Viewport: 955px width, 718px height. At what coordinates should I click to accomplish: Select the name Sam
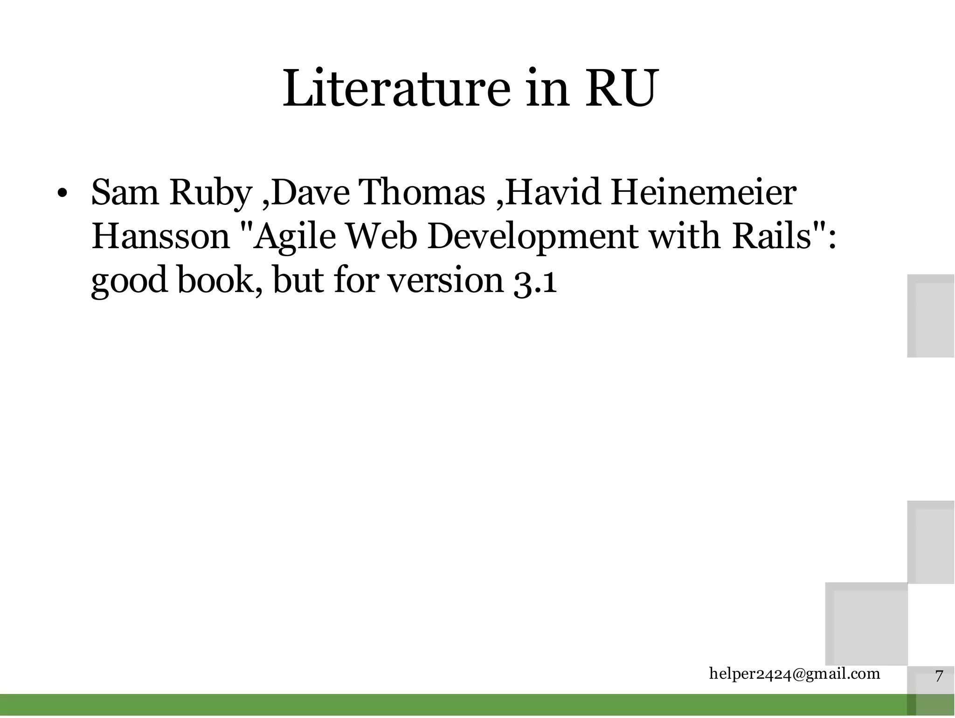125,193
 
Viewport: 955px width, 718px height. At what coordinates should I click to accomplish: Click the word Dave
310,193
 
